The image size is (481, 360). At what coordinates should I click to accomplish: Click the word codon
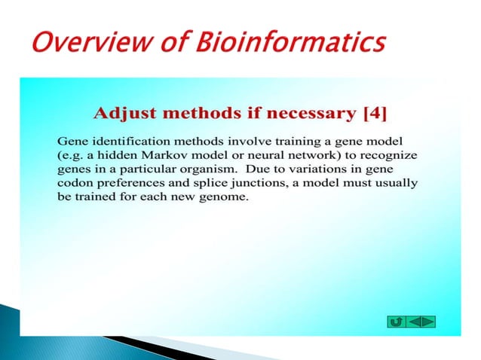[74, 184]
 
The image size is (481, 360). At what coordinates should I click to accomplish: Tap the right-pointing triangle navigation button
[427, 322]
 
